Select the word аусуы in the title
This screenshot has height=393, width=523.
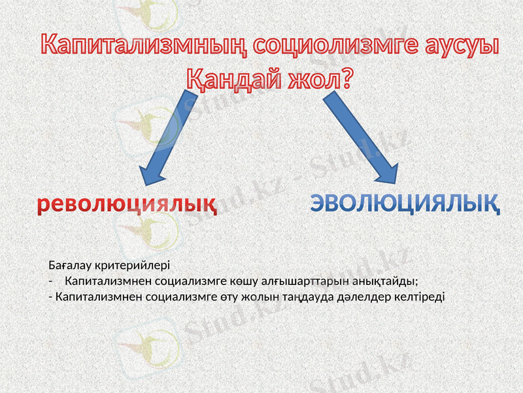pos(456,45)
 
